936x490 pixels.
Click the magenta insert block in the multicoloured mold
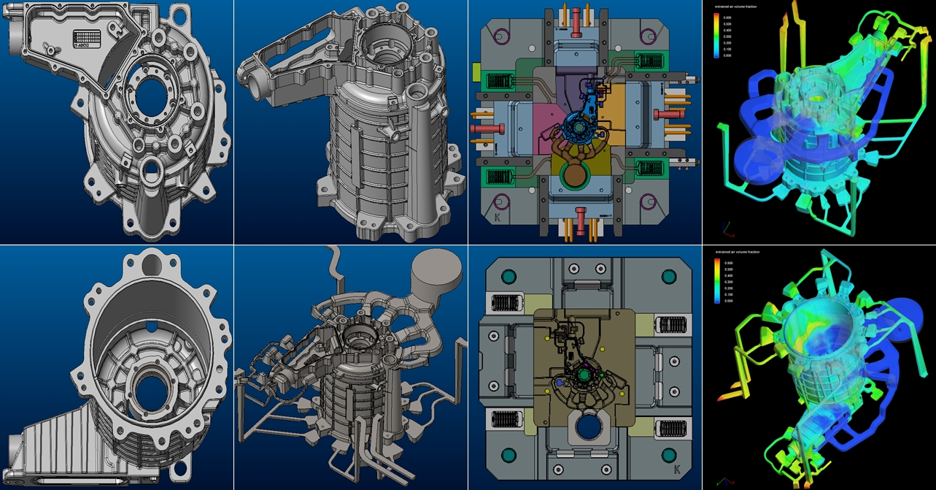pos(538,116)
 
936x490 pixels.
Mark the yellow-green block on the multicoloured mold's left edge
pos(476,72)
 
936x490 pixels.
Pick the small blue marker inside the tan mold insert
pos(560,382)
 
